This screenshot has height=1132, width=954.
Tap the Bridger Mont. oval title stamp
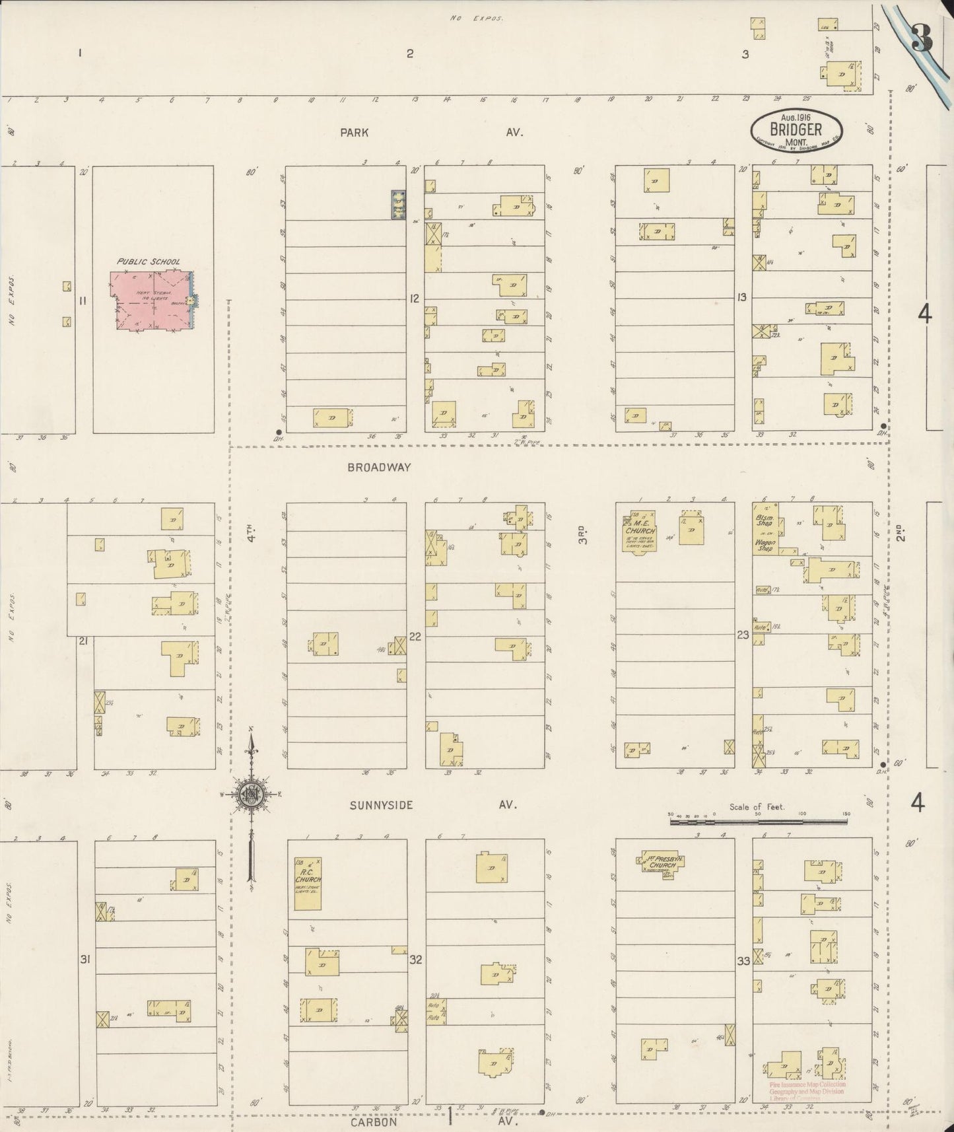796,129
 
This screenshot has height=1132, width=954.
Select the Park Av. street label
355,132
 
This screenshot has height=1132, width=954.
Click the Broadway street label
379,467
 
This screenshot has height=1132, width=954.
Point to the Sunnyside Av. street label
381,805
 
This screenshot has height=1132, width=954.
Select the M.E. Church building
640,531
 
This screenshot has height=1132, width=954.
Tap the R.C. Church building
308,884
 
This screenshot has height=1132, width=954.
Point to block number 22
415,637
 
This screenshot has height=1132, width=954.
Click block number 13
742,298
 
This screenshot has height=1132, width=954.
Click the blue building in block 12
397,205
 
